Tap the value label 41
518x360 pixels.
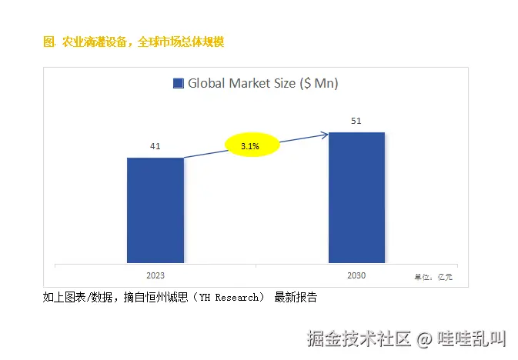point(155,146)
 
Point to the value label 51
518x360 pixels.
point(356,121)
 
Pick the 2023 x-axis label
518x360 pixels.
point(155,275)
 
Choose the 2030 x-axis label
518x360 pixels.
point(356,275)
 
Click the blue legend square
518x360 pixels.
point(179,84)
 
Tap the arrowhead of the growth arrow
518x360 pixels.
point(325,135)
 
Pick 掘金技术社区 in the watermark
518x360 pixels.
point(359,338)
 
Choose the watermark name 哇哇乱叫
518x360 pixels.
point(472,338)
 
